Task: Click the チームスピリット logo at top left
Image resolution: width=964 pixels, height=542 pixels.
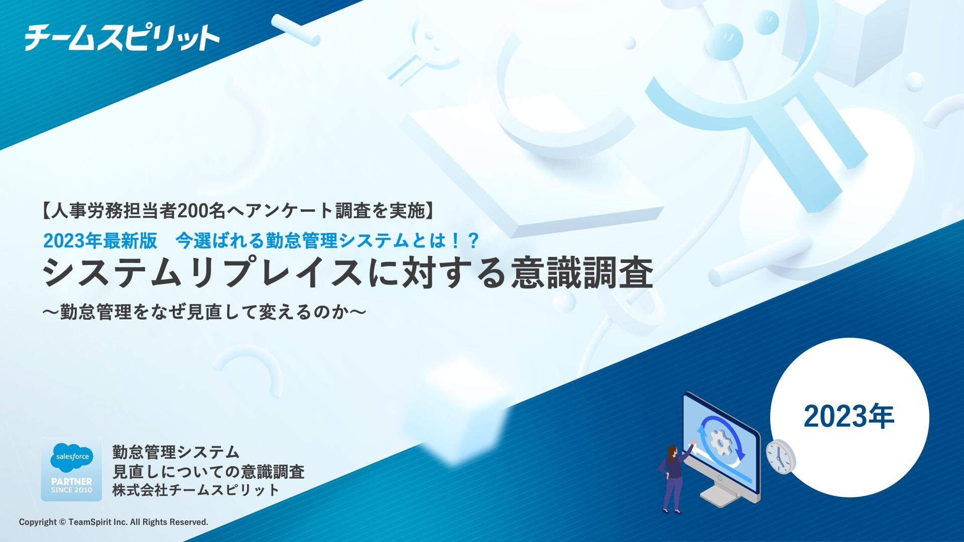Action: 122,38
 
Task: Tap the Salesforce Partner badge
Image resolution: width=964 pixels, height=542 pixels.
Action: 71,469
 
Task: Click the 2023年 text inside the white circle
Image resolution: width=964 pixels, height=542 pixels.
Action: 849,417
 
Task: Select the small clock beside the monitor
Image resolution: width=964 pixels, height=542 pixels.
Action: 781,456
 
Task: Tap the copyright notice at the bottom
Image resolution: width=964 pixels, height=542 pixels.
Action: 113,522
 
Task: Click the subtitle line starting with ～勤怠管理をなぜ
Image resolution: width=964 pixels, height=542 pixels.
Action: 204,312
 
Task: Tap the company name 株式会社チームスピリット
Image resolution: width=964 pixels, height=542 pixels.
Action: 196,490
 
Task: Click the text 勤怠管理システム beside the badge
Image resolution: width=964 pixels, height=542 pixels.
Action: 176,452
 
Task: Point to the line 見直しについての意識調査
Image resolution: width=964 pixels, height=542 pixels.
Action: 208,471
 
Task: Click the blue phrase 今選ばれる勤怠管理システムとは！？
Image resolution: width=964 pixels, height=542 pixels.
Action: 327,241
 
